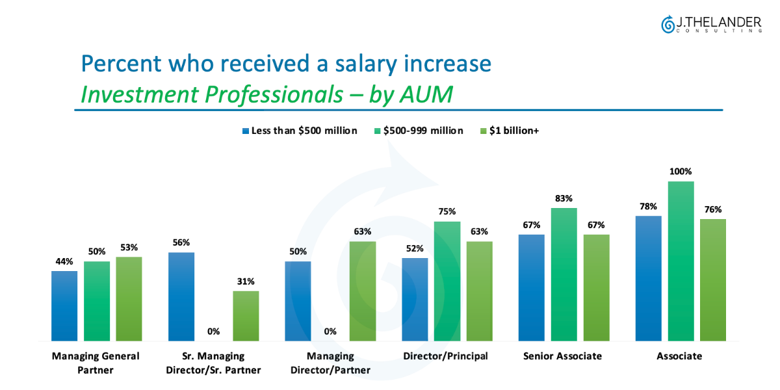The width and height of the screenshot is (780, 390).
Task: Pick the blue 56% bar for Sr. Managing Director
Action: (181, 296)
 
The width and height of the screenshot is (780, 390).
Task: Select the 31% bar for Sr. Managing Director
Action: (246, 316)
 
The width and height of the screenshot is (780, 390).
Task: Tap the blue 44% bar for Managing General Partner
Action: (64, 305)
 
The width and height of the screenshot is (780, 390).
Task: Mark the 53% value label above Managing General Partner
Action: (129, 248)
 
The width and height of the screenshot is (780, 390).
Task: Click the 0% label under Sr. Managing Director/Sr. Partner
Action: (213, 331)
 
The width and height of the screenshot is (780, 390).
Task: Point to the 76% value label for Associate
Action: (713, 210)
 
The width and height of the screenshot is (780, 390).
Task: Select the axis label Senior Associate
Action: (563, 356)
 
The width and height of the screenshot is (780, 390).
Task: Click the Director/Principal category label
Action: (445, 356)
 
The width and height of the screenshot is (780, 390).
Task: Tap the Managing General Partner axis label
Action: (96, 363)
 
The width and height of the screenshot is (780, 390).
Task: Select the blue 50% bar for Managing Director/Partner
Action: (298, 301)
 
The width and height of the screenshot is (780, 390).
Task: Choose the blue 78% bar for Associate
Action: (648, 278)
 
